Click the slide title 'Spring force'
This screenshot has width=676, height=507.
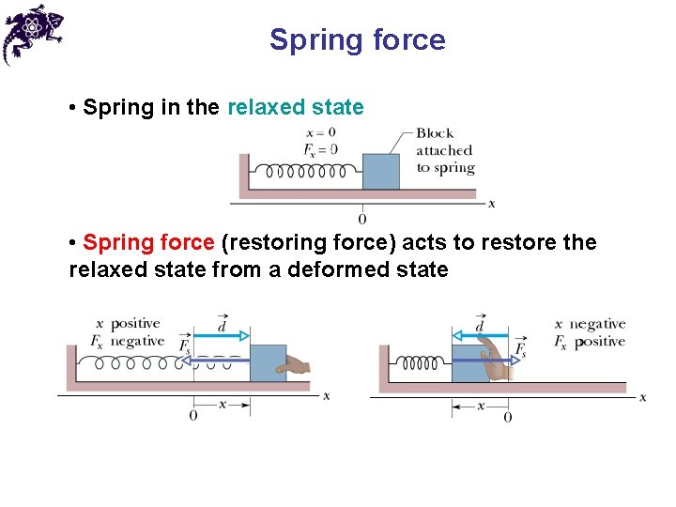point(357,40)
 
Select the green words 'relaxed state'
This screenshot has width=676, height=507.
point(295,107)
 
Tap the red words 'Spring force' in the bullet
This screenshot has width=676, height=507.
point(148,242)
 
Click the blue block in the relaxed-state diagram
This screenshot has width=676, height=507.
point(380,171)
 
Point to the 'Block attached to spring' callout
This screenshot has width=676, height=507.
point(445,150)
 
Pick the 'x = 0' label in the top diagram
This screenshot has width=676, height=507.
point(320,133)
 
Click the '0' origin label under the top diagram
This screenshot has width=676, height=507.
point(362,219)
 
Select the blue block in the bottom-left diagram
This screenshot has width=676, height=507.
point(268,362)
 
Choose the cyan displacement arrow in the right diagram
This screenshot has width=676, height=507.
point(479,335)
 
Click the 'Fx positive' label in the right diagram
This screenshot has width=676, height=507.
point(589,342)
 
